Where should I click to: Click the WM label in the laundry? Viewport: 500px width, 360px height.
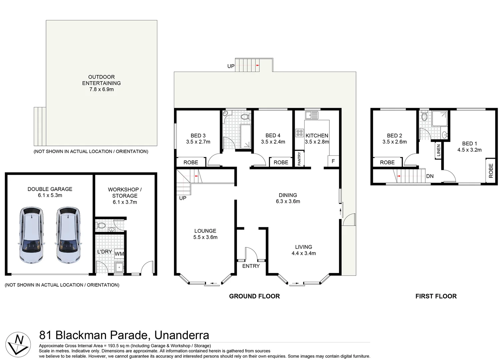pos(119,254)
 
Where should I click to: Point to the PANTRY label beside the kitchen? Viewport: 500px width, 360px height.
pos(299,159)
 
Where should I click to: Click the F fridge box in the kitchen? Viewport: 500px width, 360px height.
pos(333,161)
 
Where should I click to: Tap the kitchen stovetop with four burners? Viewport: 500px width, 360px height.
pos(299,133)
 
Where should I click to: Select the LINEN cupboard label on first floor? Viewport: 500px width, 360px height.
pos(438,150)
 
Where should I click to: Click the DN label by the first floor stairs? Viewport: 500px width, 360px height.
pos(430,176)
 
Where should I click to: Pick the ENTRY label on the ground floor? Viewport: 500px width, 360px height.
pos(251,266)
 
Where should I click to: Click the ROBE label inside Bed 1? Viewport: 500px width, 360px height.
pos(491,170)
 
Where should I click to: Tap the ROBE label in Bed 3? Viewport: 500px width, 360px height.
pos(191,162)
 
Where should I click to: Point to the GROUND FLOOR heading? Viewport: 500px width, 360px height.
pos(254,296)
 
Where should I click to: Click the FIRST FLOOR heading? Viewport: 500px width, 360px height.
pos(436,296)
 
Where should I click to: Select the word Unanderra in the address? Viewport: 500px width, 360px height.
pos(182,335)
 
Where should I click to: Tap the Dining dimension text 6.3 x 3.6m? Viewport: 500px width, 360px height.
pos(288,201)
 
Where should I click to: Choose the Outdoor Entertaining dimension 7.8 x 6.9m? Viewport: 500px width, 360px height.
pos(101,89)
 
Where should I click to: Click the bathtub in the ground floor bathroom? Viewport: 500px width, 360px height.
pos(246,137)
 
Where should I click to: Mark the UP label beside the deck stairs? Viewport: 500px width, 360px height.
pos(231,66)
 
